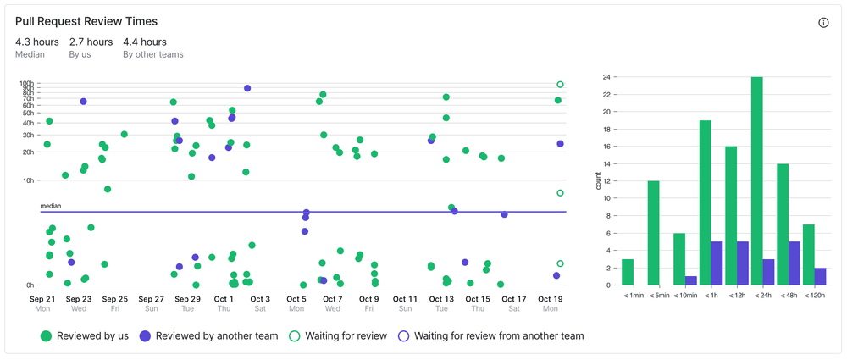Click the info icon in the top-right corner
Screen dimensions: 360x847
coord(823,23)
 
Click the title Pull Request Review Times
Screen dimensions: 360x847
coord(86,21)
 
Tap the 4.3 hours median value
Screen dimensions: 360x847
coord(36,42)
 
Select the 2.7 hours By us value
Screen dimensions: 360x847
coord(91,42)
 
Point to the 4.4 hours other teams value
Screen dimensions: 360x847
coord(145,42)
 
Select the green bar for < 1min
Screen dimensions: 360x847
coord(628,272)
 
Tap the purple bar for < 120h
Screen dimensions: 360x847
coord(821,276)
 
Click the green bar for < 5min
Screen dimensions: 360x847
coord(653,233)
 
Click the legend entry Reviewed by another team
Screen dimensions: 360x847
coord(209,336)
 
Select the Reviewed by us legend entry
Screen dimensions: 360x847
coord(85,336)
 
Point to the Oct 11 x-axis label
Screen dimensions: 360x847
coord(406,299)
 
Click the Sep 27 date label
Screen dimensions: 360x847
coord(151,299)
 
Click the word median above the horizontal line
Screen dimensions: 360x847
coord(51,206)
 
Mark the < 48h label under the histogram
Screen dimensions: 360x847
coord(782,296)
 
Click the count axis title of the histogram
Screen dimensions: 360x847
coord(597,180)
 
